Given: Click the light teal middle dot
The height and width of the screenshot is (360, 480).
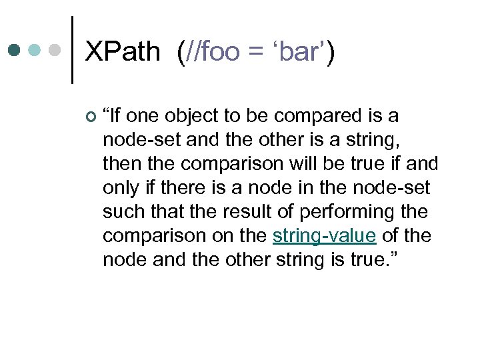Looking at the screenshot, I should point(35,50).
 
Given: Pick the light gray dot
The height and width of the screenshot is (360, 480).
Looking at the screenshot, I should point(55,50).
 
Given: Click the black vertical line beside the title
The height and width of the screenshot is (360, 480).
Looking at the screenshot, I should point(72,50).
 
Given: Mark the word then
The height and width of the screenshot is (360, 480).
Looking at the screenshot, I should point(120,164).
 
